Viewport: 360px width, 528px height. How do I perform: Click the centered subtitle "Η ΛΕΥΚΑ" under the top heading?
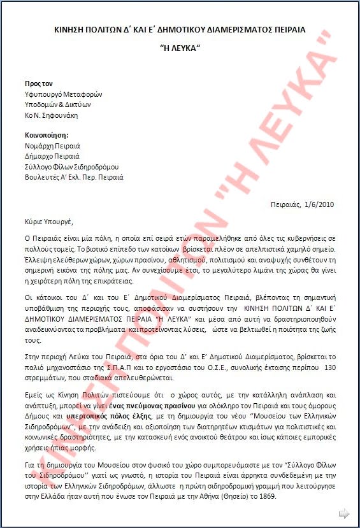180,48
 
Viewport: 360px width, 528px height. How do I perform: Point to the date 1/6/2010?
320,204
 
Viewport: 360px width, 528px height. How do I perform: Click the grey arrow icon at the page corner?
344,513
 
